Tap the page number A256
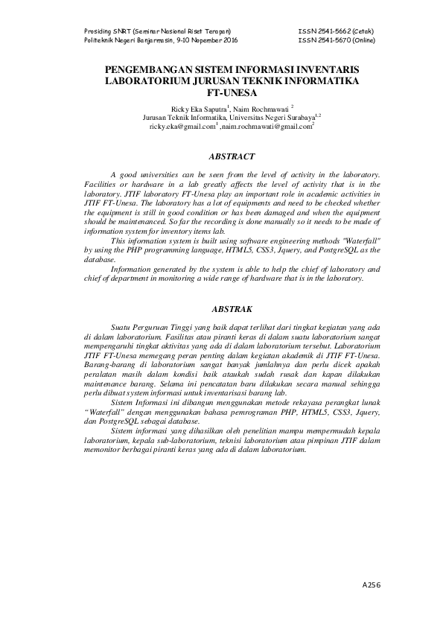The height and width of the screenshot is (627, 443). coord(371,586)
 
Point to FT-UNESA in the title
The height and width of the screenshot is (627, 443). coord(221,94)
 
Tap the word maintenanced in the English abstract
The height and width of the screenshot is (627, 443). coord(108,222)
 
